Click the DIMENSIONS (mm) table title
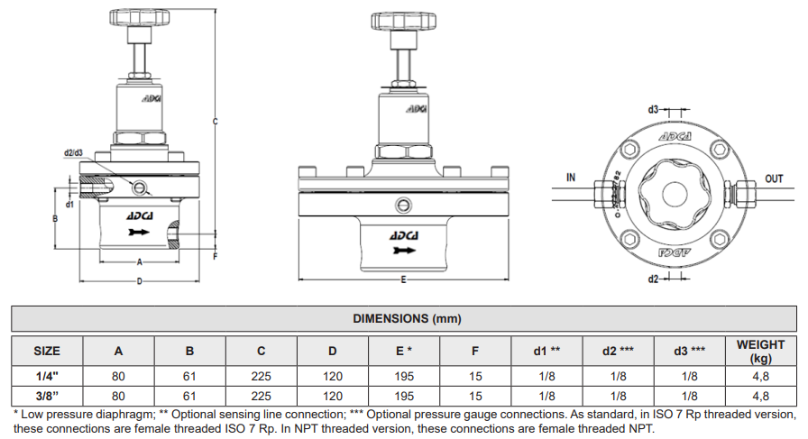click(403, 319)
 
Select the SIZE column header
click(47, 350)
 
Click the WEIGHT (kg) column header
click(760, 350)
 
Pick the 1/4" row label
click(47, 376)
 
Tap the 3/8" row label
click(47, 395)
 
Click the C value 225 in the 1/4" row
click(261, 376)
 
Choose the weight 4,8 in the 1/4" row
click(760, 376)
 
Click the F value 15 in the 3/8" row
click(475, 395)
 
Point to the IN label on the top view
click(571, 178)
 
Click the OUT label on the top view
click(774, 178)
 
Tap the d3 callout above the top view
click(653, 108)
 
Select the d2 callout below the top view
click(653, 279)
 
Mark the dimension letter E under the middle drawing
click(403, 280)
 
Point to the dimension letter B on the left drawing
click(55, 219)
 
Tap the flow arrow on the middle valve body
click(402, 250)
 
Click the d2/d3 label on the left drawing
click(74, 152)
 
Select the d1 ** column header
click(547, 350)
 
